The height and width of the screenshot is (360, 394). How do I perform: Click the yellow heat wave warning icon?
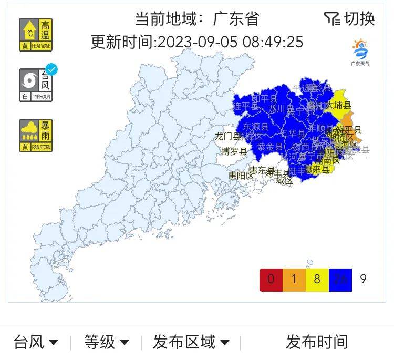(x=36, y=35)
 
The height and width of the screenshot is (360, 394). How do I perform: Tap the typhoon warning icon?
(x=36, y=85)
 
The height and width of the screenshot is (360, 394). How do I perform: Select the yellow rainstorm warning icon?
(x=36, y=136)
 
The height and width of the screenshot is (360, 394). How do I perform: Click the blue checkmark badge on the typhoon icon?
(x=51, y=69)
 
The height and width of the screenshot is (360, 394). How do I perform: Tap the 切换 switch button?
(x=349, y=19)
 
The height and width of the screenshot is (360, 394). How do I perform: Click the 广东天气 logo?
(x=360, y=53)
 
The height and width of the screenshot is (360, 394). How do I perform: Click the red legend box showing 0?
(x=271, y=279)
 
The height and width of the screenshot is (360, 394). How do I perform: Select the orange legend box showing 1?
(x=294, y=279)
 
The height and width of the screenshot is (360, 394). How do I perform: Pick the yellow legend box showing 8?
(x=317, y=279)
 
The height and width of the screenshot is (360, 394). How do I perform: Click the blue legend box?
(x=340, y=279)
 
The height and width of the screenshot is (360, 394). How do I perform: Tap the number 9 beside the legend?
(x=363, y=279)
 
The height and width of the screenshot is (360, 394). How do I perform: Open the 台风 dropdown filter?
(x=36, y=343)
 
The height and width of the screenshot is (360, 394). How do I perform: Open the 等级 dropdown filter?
(x=106, y=343)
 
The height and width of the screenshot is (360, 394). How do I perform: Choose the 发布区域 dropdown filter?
(x=191, y=343)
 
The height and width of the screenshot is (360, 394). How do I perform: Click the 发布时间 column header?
(x=316, y=343)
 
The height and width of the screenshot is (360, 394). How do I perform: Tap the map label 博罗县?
(x=234, y=152)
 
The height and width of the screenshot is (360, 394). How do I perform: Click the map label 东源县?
(x=255, y=127)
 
